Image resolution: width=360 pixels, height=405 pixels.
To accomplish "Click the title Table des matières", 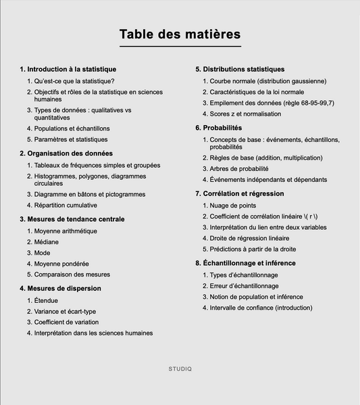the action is (x=180, y=34).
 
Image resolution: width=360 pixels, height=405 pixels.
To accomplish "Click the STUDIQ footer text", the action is (x=180, y=368).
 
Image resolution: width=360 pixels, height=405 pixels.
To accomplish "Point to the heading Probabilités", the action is (x=222, y=128).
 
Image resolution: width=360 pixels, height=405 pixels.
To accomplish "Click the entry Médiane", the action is (x=47, y=241).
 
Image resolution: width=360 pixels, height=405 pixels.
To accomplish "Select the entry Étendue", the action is (x=46, y=300).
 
